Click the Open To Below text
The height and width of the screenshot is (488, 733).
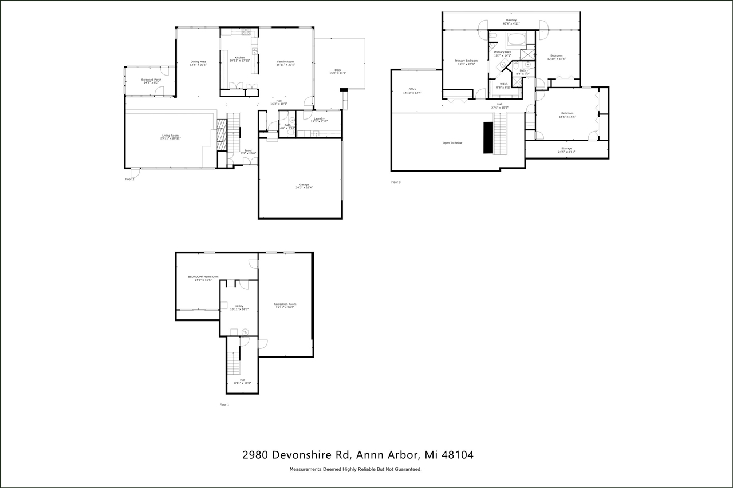point(452,143)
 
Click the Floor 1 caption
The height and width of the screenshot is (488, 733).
point(224,404)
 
